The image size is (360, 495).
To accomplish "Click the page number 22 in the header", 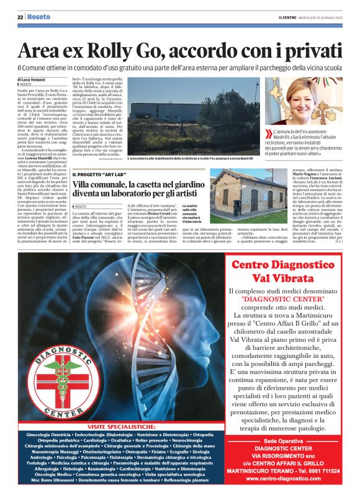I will [20, 17].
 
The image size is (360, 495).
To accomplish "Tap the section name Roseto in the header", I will [38, 17].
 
